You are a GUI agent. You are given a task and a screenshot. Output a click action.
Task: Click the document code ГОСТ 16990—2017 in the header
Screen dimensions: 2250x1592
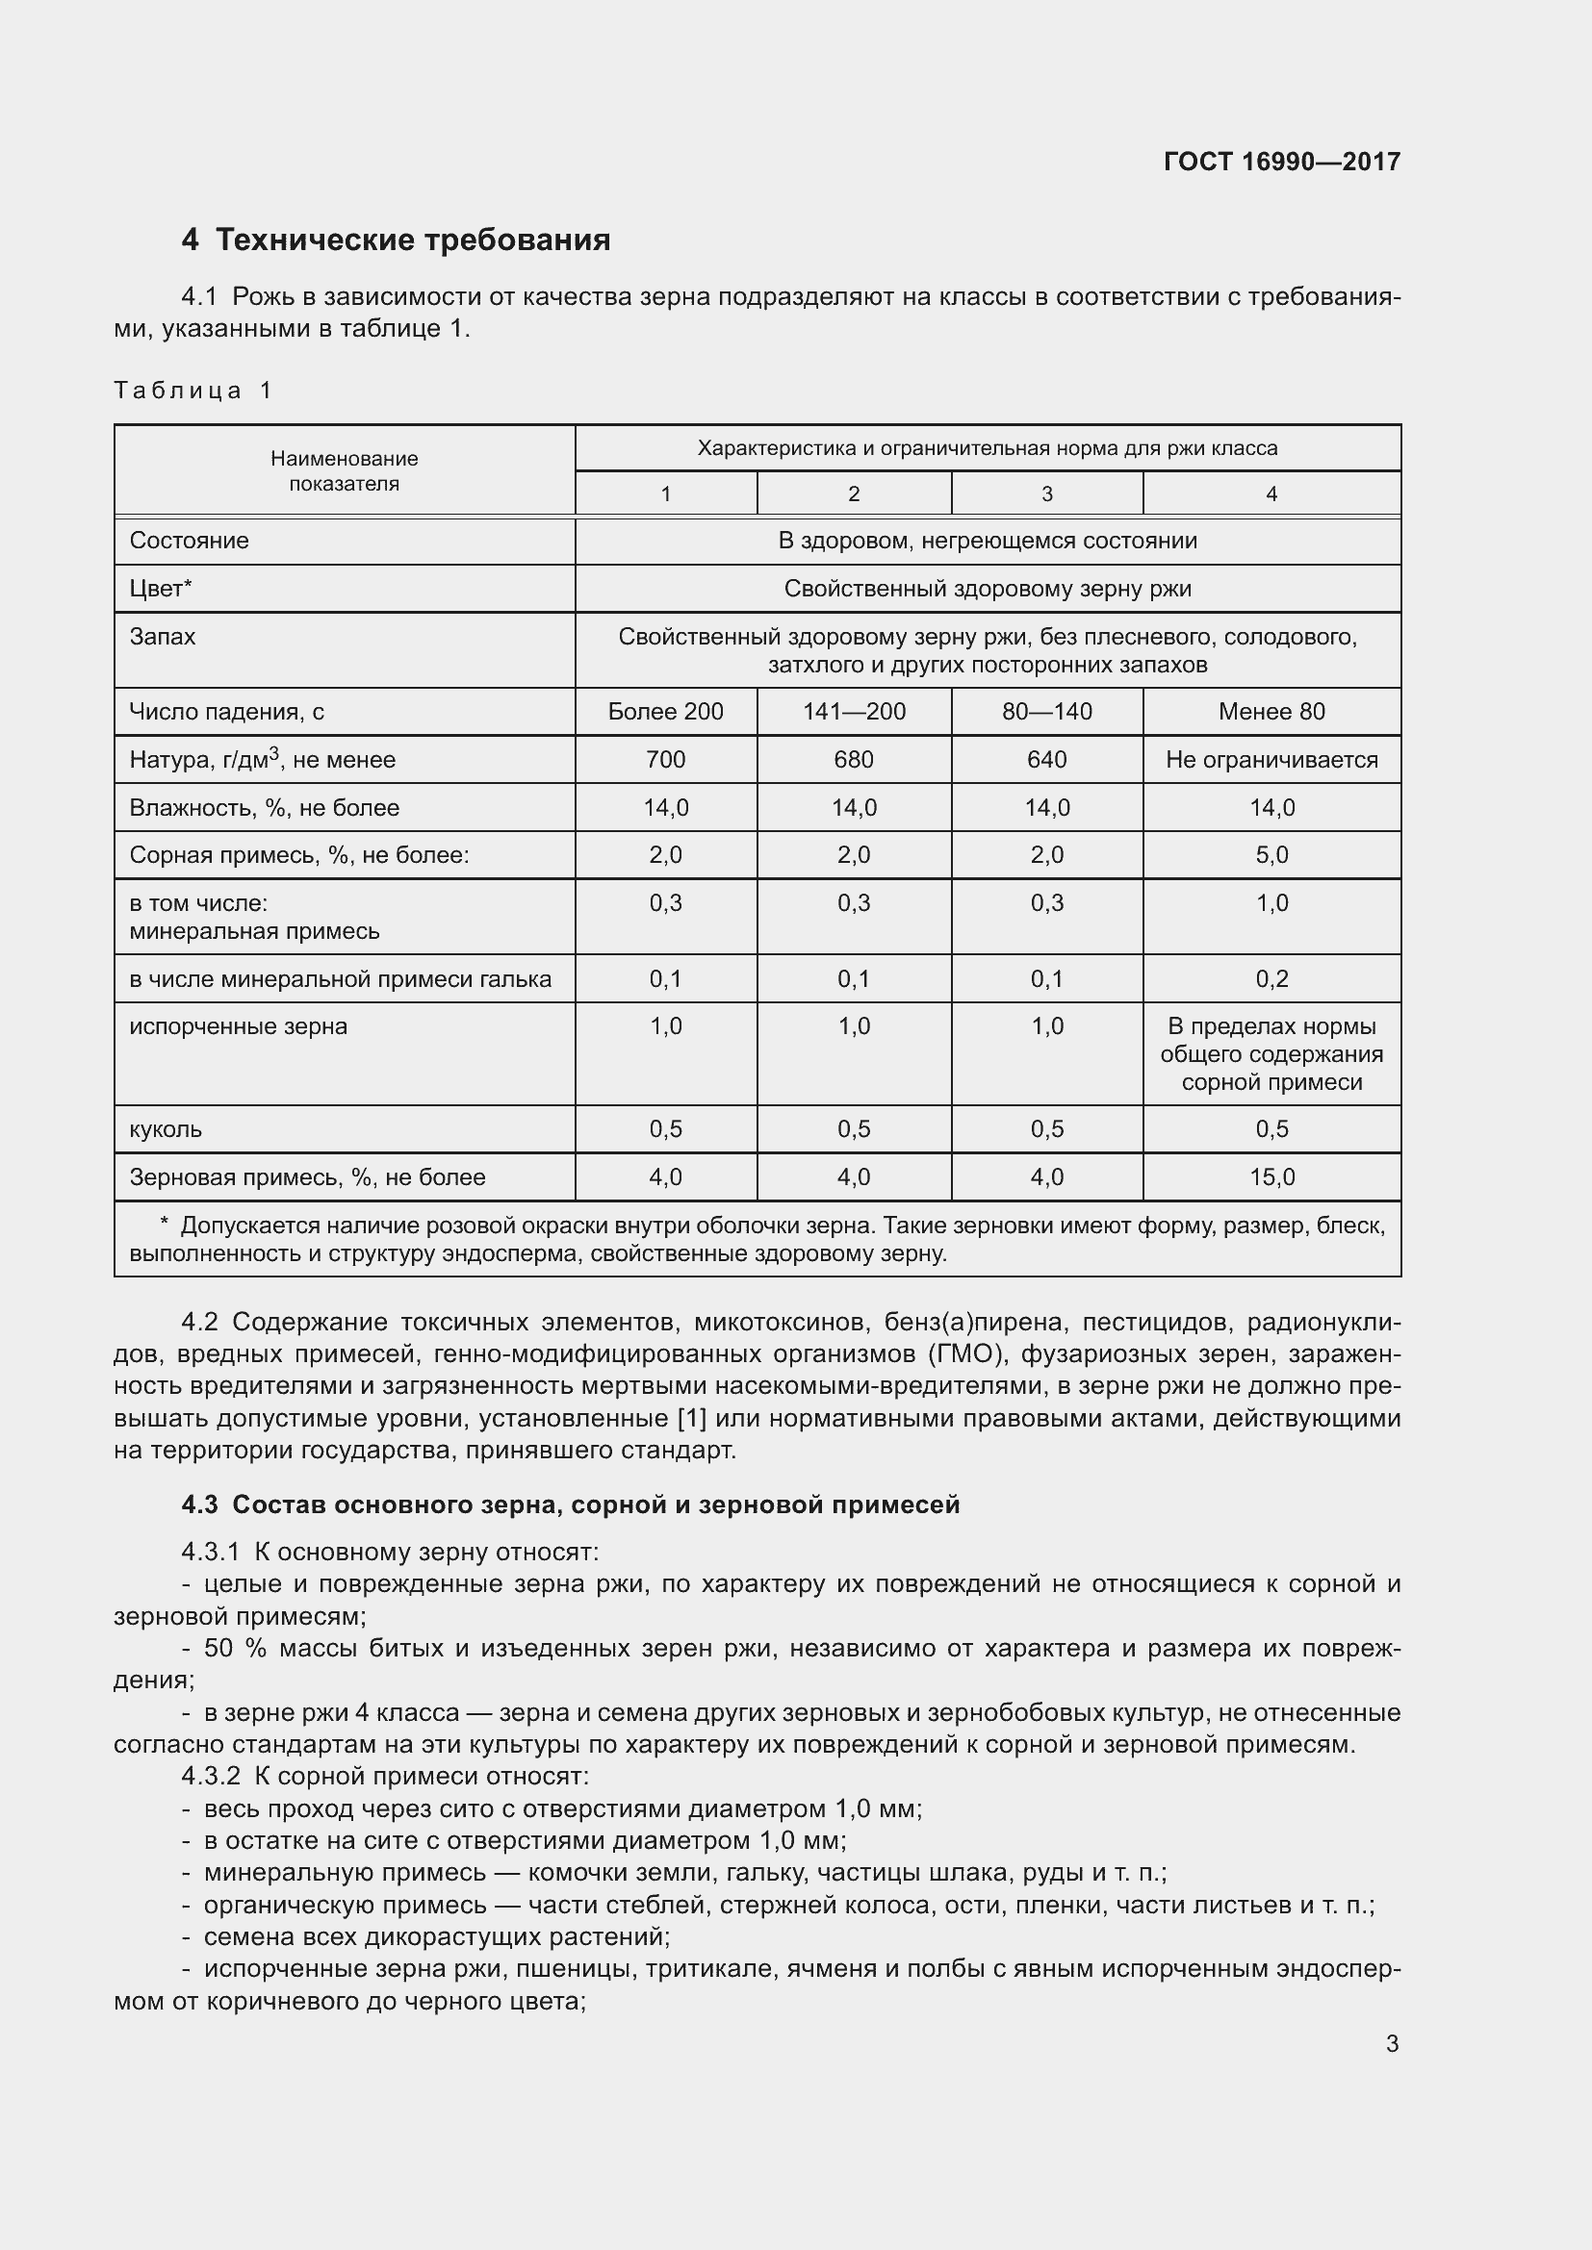(x=1281, y=162)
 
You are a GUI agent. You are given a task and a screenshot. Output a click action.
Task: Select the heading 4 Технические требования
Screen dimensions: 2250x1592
(x=396, y=240)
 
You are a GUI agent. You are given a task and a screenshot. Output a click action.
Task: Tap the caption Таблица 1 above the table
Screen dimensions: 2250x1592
(x=193, y=391)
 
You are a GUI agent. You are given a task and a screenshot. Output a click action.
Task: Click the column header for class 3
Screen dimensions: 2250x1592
(x=1046, y=493)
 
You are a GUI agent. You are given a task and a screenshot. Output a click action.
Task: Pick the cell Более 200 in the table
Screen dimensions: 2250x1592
(x=666, y=713)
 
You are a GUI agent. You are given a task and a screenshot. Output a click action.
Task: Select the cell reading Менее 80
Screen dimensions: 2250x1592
(x=1271, y=713)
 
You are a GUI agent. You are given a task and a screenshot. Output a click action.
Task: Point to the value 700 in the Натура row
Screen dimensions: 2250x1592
(x=666, y=761)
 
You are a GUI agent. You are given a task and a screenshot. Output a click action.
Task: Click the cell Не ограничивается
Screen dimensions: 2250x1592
(x=1271, y=761)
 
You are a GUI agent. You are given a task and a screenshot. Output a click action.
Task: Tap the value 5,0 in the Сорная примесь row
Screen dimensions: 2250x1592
(x=1271, y=855)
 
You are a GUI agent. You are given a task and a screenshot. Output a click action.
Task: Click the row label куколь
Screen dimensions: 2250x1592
(x=166, y=1130)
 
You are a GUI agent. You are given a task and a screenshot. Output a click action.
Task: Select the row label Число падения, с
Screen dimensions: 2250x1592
(x=226, y=713)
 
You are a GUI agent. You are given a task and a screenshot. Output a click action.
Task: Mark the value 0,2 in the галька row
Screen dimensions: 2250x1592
(x=1271, y=979)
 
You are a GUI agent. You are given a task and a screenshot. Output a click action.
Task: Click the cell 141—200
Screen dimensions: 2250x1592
(x=854, y=713)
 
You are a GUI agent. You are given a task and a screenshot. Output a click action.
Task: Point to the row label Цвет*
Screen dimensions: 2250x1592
(x=161, y=589)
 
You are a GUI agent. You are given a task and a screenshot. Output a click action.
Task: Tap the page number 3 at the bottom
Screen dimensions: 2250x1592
(x=1392, y=2044)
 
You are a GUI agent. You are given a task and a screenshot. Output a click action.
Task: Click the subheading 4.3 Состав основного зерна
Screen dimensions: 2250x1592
(x=571, y=1505)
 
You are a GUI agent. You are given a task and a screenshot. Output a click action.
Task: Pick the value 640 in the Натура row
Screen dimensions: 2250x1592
(x=1046, y=761)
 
